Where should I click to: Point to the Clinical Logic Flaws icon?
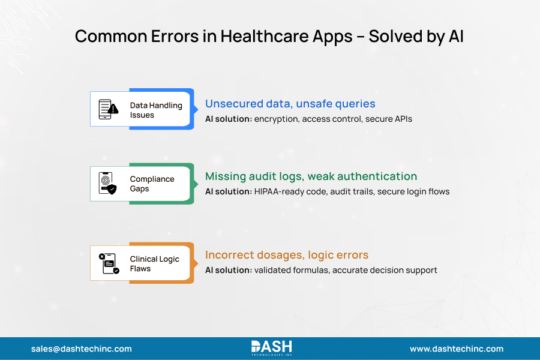point(109,263)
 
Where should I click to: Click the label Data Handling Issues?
point(155,110)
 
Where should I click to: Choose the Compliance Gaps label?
point(152,184)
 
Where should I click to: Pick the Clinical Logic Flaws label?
point(154,263)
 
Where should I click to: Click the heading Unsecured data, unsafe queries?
point(290,104)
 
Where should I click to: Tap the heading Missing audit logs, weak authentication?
point(311,176)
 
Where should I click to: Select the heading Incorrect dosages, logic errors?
point(287,255)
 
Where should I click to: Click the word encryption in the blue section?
point(276,119)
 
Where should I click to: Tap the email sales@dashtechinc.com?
point(81,349)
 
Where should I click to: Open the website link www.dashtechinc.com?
point(457,349)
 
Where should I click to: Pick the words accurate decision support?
point(385,270)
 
